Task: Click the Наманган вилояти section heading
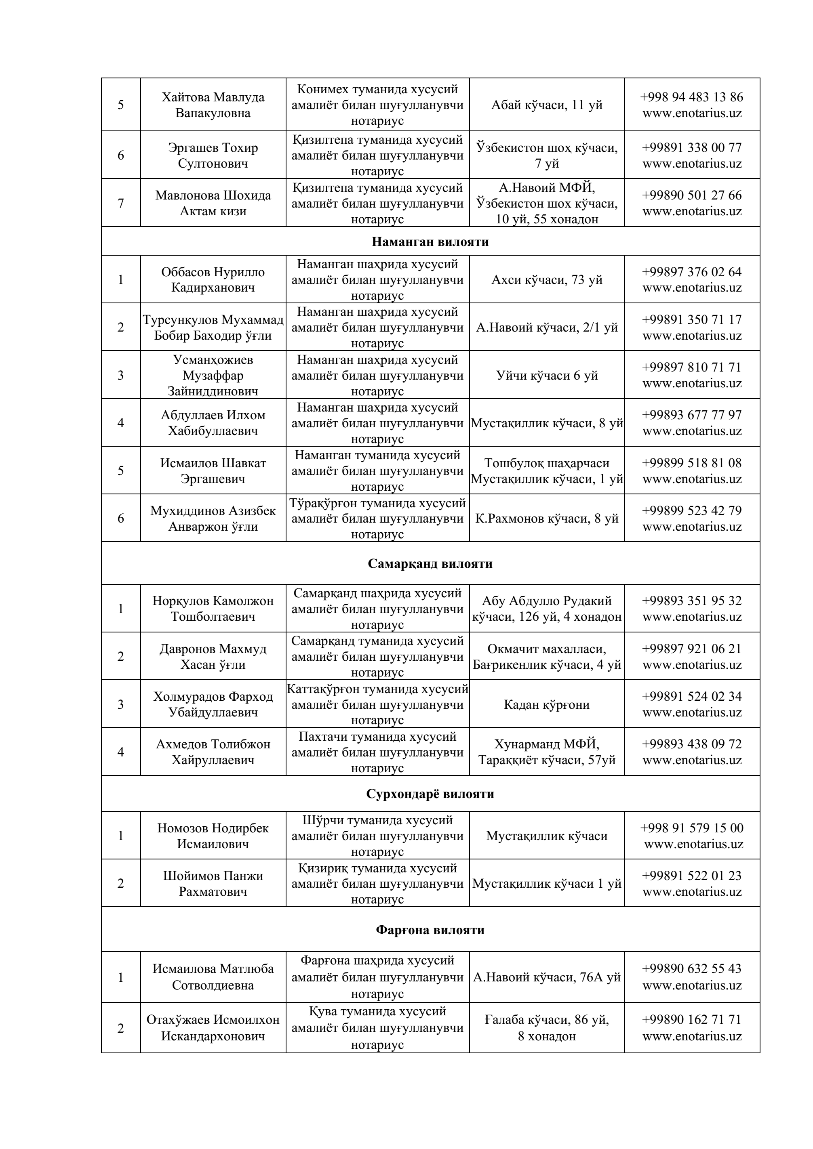(430, 242)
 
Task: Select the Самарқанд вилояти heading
(430, 563)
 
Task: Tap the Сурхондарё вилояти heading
(430, 794)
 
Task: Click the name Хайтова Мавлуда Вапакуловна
(213, 105)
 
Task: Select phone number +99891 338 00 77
(692, 148)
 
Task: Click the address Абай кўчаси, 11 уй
(547, 105)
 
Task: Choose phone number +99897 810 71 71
(692, 368)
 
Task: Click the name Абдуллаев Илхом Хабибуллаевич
(213, 422)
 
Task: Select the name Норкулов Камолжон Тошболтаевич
(213, 608)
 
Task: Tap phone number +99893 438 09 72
(692, 744)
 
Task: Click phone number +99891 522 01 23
(692, 875)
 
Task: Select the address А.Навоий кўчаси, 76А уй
(547, 977)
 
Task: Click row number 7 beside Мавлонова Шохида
(121, 203)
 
